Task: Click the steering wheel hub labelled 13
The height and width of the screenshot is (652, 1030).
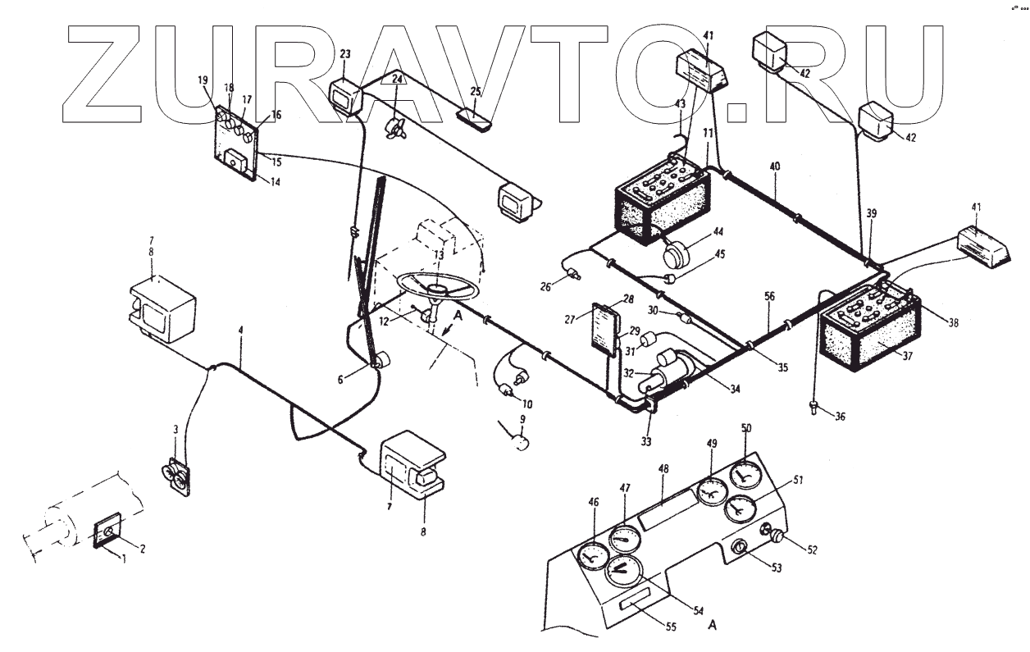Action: (435, 288)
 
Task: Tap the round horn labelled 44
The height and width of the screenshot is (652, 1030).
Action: (678, 255)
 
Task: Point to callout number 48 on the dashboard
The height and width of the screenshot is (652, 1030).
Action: (663, 469)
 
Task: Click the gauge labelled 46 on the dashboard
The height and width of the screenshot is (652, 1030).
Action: (590, 558)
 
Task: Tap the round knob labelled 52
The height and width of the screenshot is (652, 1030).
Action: (772, 535)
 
